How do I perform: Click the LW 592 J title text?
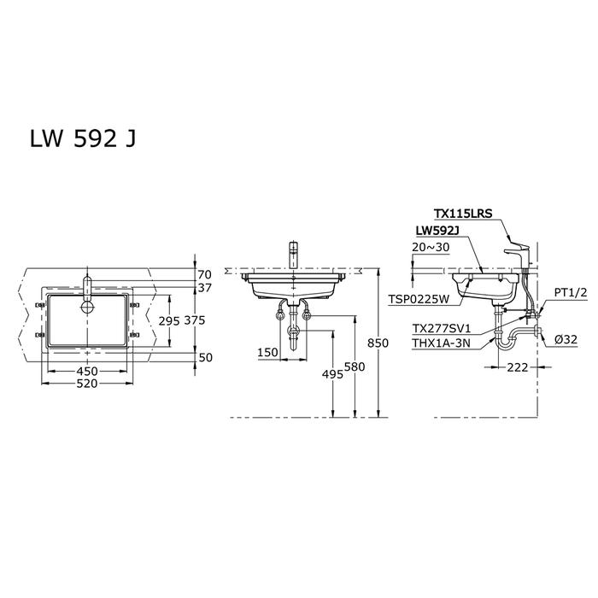(x=82, y=138)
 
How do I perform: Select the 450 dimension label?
(x=87, y=371)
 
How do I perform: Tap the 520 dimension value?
(x=87, y=384)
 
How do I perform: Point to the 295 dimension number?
(x=169, y=321)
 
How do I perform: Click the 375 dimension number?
(x=195, y=320)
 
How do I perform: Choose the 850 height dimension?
(x=378, y=343)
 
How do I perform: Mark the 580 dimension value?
(x=355, y=366)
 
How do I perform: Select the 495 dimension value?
(x=332, y=374)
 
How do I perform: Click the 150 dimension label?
(x=267, y=352)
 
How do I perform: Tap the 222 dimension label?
(x=518, y=367)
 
